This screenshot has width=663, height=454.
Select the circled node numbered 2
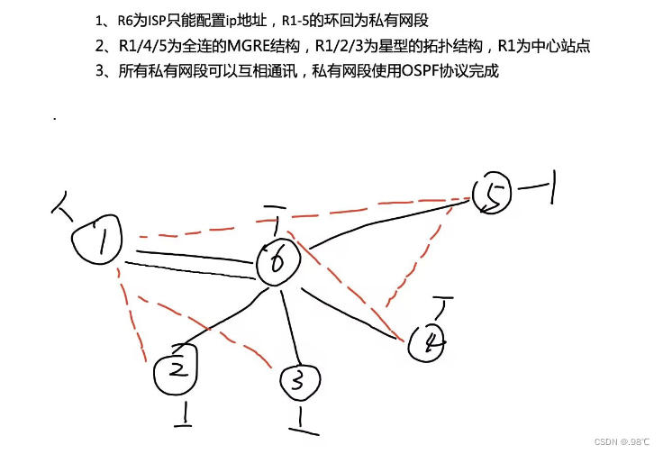coord(177,369)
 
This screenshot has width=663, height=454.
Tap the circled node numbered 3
coord(296,382)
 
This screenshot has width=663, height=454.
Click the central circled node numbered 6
coord(278,261)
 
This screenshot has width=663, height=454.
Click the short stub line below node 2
coord(186,414)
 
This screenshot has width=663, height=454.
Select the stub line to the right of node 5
coord(539,187)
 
